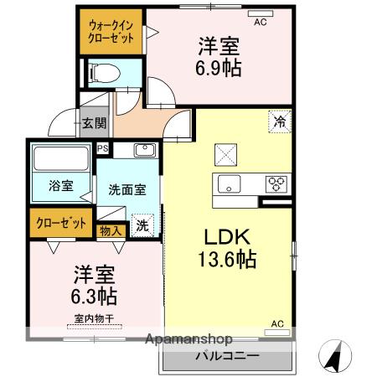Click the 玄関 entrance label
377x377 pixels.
tap(95, 123)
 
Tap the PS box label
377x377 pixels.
tap(103, 150)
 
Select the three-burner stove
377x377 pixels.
tap(277, 184)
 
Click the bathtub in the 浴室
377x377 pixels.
tap(58, 159)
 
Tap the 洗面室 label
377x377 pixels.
tap(127, 189)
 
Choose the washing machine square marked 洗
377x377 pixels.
tap(143, 225)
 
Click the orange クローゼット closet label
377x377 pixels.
tap(60, 223)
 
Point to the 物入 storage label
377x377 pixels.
tap(111, 230)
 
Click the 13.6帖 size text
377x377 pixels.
tap(227, 261)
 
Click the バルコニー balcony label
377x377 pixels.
tap(227, 355)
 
